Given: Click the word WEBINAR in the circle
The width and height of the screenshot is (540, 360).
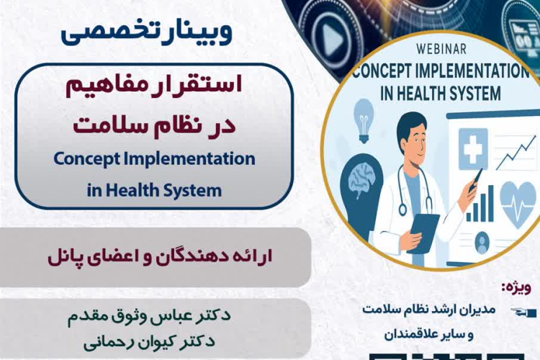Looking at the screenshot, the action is pos(441,49).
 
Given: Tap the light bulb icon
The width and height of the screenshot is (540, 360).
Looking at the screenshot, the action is pos(364,120).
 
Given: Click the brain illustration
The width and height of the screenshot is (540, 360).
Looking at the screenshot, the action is pos(361,180).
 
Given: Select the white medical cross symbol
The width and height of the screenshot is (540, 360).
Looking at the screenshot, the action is pos(473,148).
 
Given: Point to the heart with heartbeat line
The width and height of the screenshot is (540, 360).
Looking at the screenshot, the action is pos(518,204).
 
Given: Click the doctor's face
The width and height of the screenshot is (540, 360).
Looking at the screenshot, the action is pos(415,140).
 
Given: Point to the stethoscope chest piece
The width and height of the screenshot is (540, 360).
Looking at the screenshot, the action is pos(402,210).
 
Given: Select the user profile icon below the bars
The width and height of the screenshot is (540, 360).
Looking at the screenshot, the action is pos(482,242).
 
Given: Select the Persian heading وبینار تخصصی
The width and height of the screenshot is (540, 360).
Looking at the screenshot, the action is pos(146,32).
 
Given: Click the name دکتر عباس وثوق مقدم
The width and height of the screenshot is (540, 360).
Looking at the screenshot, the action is pos(149,315).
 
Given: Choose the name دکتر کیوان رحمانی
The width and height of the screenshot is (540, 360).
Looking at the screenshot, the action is pos(149,342).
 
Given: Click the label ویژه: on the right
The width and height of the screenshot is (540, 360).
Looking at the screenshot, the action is pos(516,289).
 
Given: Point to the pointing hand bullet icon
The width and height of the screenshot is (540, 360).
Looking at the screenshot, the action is pos(523,312).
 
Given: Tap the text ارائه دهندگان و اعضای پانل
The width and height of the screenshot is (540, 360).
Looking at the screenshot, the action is pos(160,257).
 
